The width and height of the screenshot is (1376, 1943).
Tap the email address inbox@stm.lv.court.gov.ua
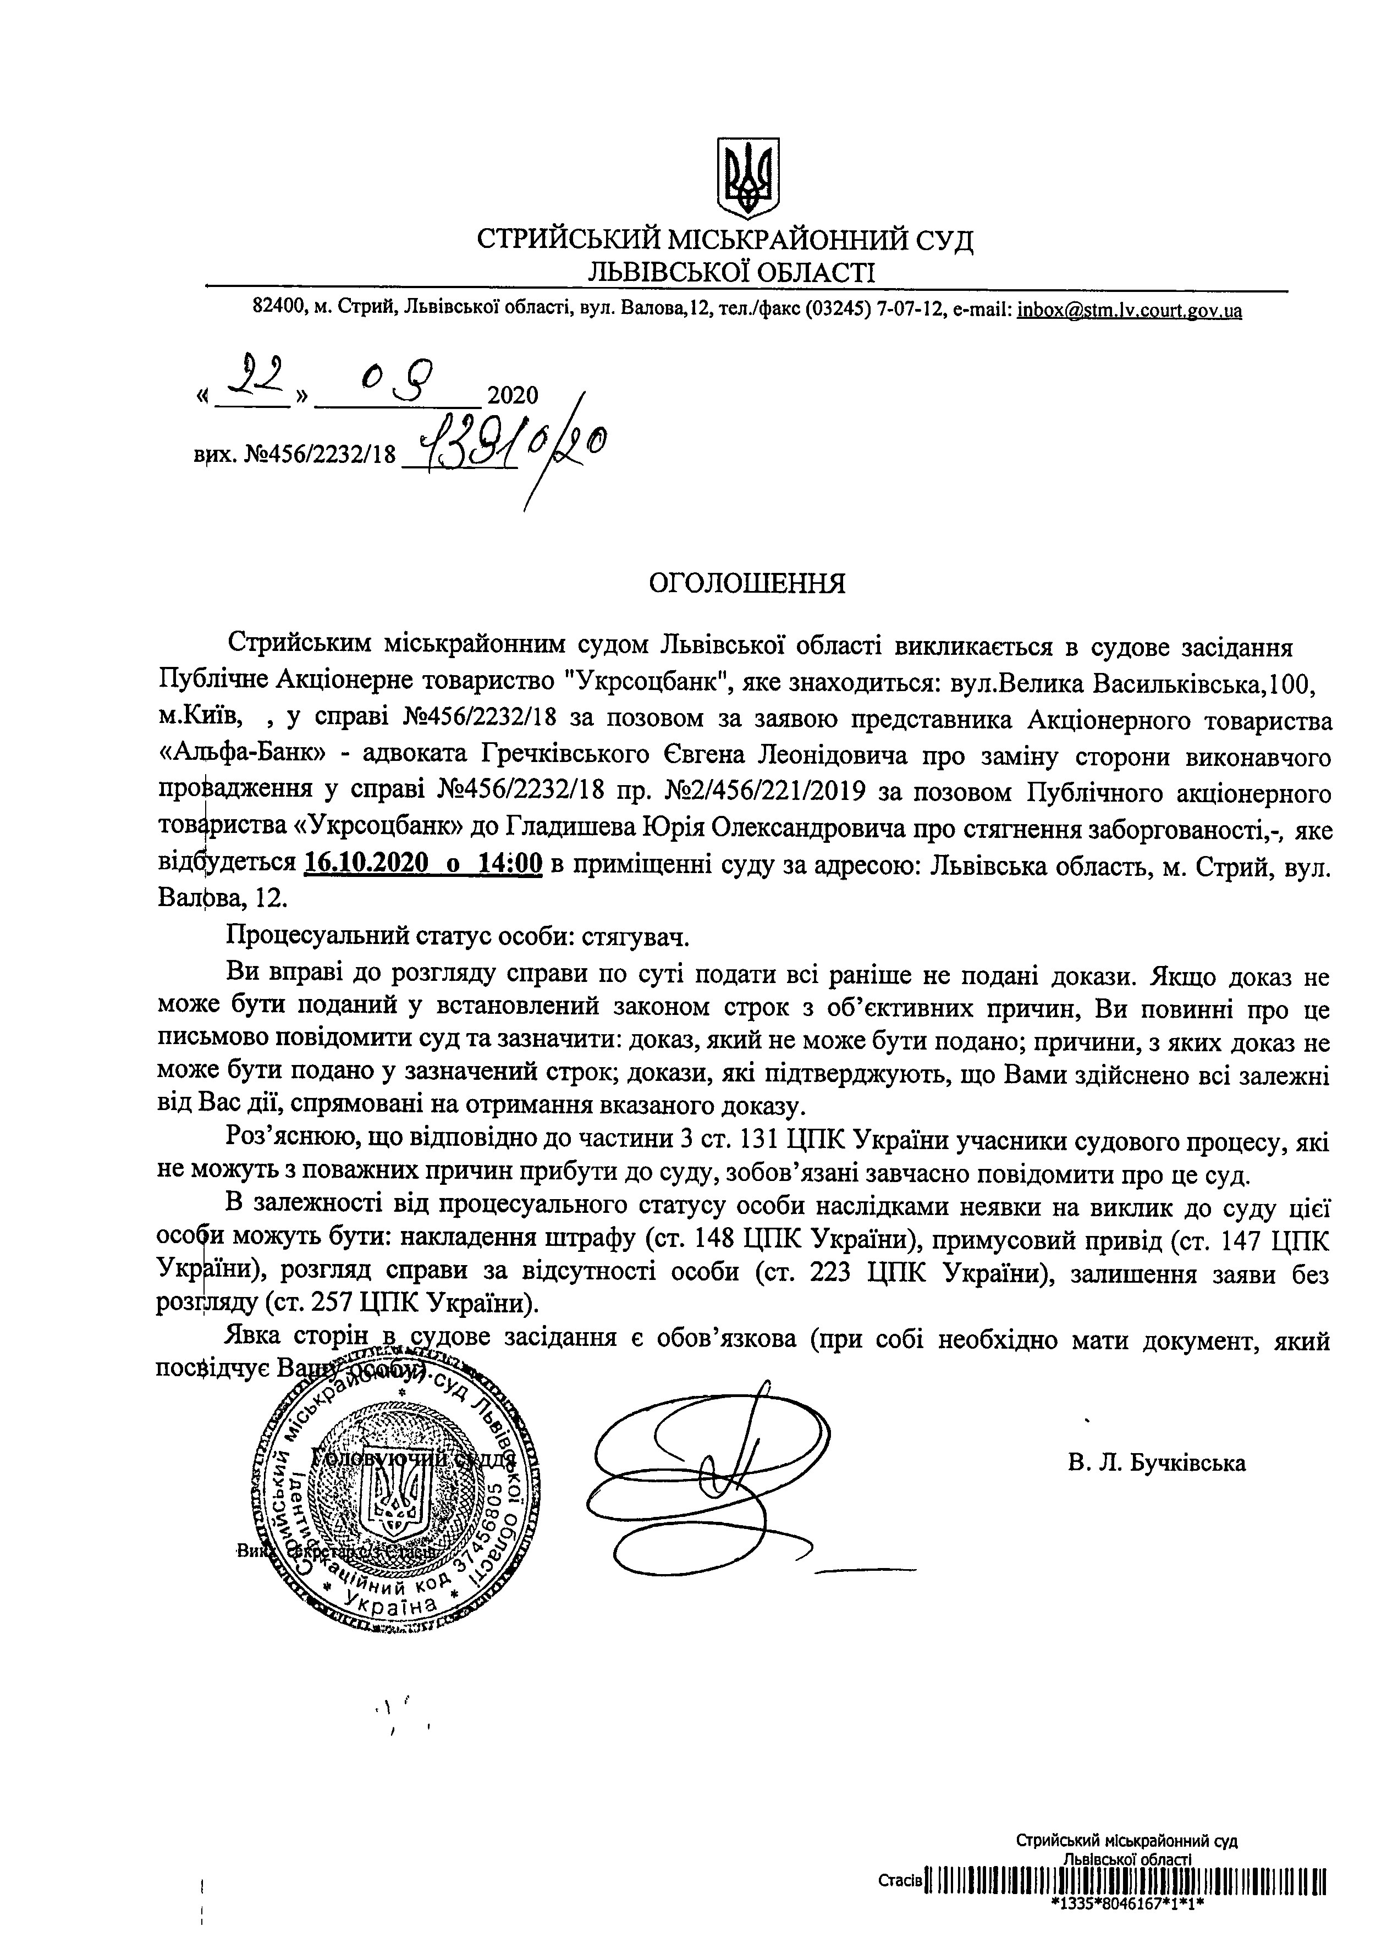coord(1130,311)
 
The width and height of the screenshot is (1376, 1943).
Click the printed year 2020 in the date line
coord(513,395)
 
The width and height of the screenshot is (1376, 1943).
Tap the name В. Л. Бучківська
coord(1155,1463)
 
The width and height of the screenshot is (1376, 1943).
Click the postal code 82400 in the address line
coord(279,311)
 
